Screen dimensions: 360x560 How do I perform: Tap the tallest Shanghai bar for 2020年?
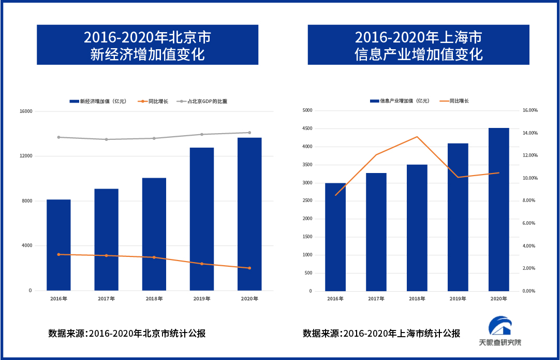[499, 209]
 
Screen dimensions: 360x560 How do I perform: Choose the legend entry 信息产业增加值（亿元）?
[400, 101]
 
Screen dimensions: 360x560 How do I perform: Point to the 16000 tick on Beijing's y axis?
[26, 111]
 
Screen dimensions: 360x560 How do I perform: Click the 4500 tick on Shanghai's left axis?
[307, 128]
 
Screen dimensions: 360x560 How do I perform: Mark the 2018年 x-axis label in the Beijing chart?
[154, 299]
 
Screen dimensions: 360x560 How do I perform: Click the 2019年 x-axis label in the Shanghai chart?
[458, 299]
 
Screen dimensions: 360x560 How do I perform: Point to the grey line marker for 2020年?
[249, 133]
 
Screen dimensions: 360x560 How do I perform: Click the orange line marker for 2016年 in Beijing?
[58, 254]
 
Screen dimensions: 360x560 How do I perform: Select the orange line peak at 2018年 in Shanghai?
[417, 137]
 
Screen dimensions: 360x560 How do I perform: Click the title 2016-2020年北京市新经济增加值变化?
[148, 45]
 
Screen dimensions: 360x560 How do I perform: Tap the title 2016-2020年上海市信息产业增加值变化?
[418, 45]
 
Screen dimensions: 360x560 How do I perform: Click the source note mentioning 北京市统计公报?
[127, 334]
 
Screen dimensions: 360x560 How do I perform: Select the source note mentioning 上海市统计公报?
[381, 334]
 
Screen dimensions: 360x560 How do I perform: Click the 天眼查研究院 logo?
[500, 332]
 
